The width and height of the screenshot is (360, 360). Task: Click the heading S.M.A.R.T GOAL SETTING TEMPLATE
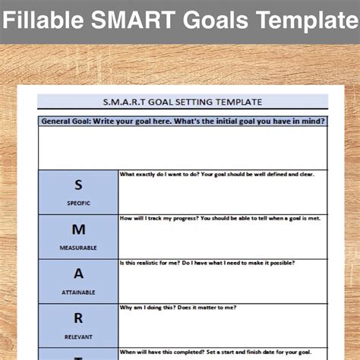pos(182,101)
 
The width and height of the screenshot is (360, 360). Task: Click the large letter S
pos(78,185)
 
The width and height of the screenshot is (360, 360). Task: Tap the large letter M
pos(78,229)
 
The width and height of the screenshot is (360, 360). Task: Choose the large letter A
pos(78,273)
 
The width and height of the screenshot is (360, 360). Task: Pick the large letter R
pos(78,318)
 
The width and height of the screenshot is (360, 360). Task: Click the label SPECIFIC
pos(78,204)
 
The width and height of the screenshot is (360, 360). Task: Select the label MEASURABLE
pos(78,248)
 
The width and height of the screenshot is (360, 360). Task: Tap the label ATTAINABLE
pos(78,292)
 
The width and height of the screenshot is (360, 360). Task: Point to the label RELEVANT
pos(78,336)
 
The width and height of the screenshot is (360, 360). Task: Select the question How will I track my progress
pos(219,218)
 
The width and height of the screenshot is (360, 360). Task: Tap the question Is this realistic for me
pos(207,263)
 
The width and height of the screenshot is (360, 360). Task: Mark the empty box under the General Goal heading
pos(182,147)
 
